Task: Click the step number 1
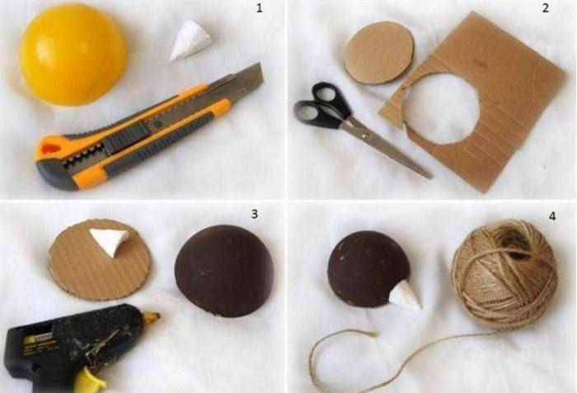[x=259, y=8]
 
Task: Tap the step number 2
[x=546, y=7]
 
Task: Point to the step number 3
[x=254, y=214]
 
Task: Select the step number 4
[x=552, y=217]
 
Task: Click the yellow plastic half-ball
[x=73, y=54]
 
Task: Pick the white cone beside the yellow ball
[x=190, y=40]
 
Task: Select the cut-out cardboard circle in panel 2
[x=379, y=52]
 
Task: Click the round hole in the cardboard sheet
[x=442, y=107]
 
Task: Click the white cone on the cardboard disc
[x=110, y=240]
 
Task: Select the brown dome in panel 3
[x=223, y=270]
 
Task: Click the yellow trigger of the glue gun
[x=87, y=379]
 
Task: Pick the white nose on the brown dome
[x=406, y=295]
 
